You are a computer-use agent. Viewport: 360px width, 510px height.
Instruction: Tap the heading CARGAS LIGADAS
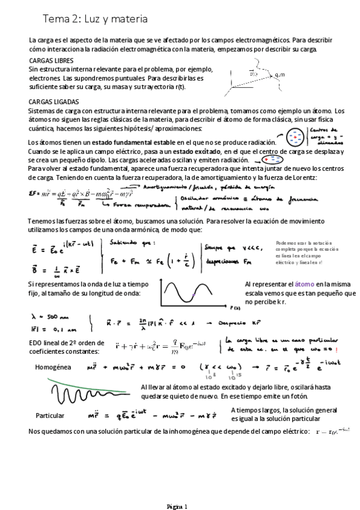point(53,102)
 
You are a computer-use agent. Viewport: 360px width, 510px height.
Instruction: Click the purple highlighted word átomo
point(304,283)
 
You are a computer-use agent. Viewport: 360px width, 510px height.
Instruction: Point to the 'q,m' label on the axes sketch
point(278,75)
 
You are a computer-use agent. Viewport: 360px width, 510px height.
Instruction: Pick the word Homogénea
point(53,366)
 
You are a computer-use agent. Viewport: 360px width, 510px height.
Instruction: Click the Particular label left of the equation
point(50,416)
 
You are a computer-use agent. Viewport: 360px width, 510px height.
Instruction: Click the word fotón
point(297,396)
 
